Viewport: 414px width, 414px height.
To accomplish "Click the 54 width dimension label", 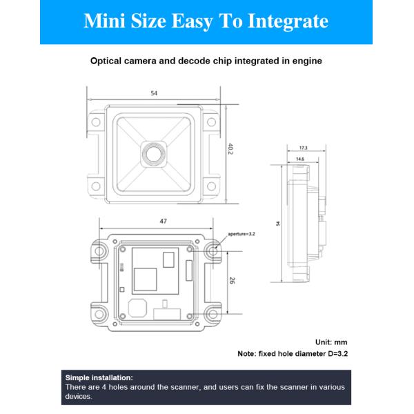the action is [x=154, y=93].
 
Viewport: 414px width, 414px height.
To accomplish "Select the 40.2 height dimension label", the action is [x=230, y=149].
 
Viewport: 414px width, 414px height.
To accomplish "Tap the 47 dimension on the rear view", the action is [x=163, y=221].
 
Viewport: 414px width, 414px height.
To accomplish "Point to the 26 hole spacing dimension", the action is [x=232, y=281].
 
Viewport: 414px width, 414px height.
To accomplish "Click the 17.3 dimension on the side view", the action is [x=304, y=148].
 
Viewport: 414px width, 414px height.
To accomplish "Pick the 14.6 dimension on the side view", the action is [x=300, y=159].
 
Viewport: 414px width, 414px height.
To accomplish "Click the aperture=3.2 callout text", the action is [x=241, y=234].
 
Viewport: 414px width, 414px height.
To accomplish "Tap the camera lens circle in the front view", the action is [x=154, y=155].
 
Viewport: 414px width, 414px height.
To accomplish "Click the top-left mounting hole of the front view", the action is [x=96, y=122].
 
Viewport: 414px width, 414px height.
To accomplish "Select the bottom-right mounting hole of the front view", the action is [x=211, y=186].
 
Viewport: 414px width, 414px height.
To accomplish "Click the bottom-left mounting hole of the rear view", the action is [x=99, y=314].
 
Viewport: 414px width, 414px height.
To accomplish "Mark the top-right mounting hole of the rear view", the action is [x=213, y=251].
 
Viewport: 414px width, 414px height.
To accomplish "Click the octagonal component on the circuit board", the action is [x=137, y=308].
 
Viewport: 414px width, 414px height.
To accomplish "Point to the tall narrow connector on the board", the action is [x=189, y=270].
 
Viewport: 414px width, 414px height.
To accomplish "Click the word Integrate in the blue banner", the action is [x=288, y=21].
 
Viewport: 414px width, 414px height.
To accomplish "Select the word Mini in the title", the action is [x=104, y=21].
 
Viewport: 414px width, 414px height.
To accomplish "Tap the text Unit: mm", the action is [x=331, y=342].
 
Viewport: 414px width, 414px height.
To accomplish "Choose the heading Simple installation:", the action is [x=99, y=377].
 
